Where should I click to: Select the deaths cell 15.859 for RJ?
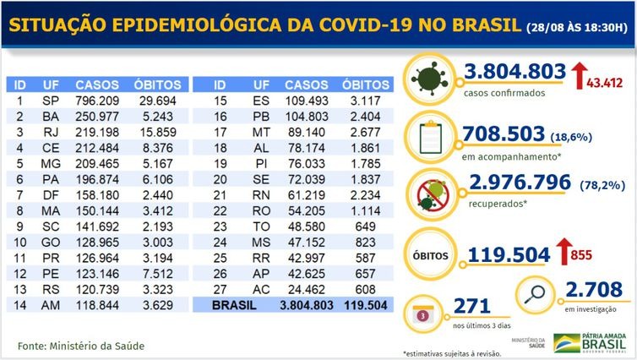[x=157, y=133]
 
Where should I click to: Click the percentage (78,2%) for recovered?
[x=603, y=186]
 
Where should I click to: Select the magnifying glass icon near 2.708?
[x=535, y=295]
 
